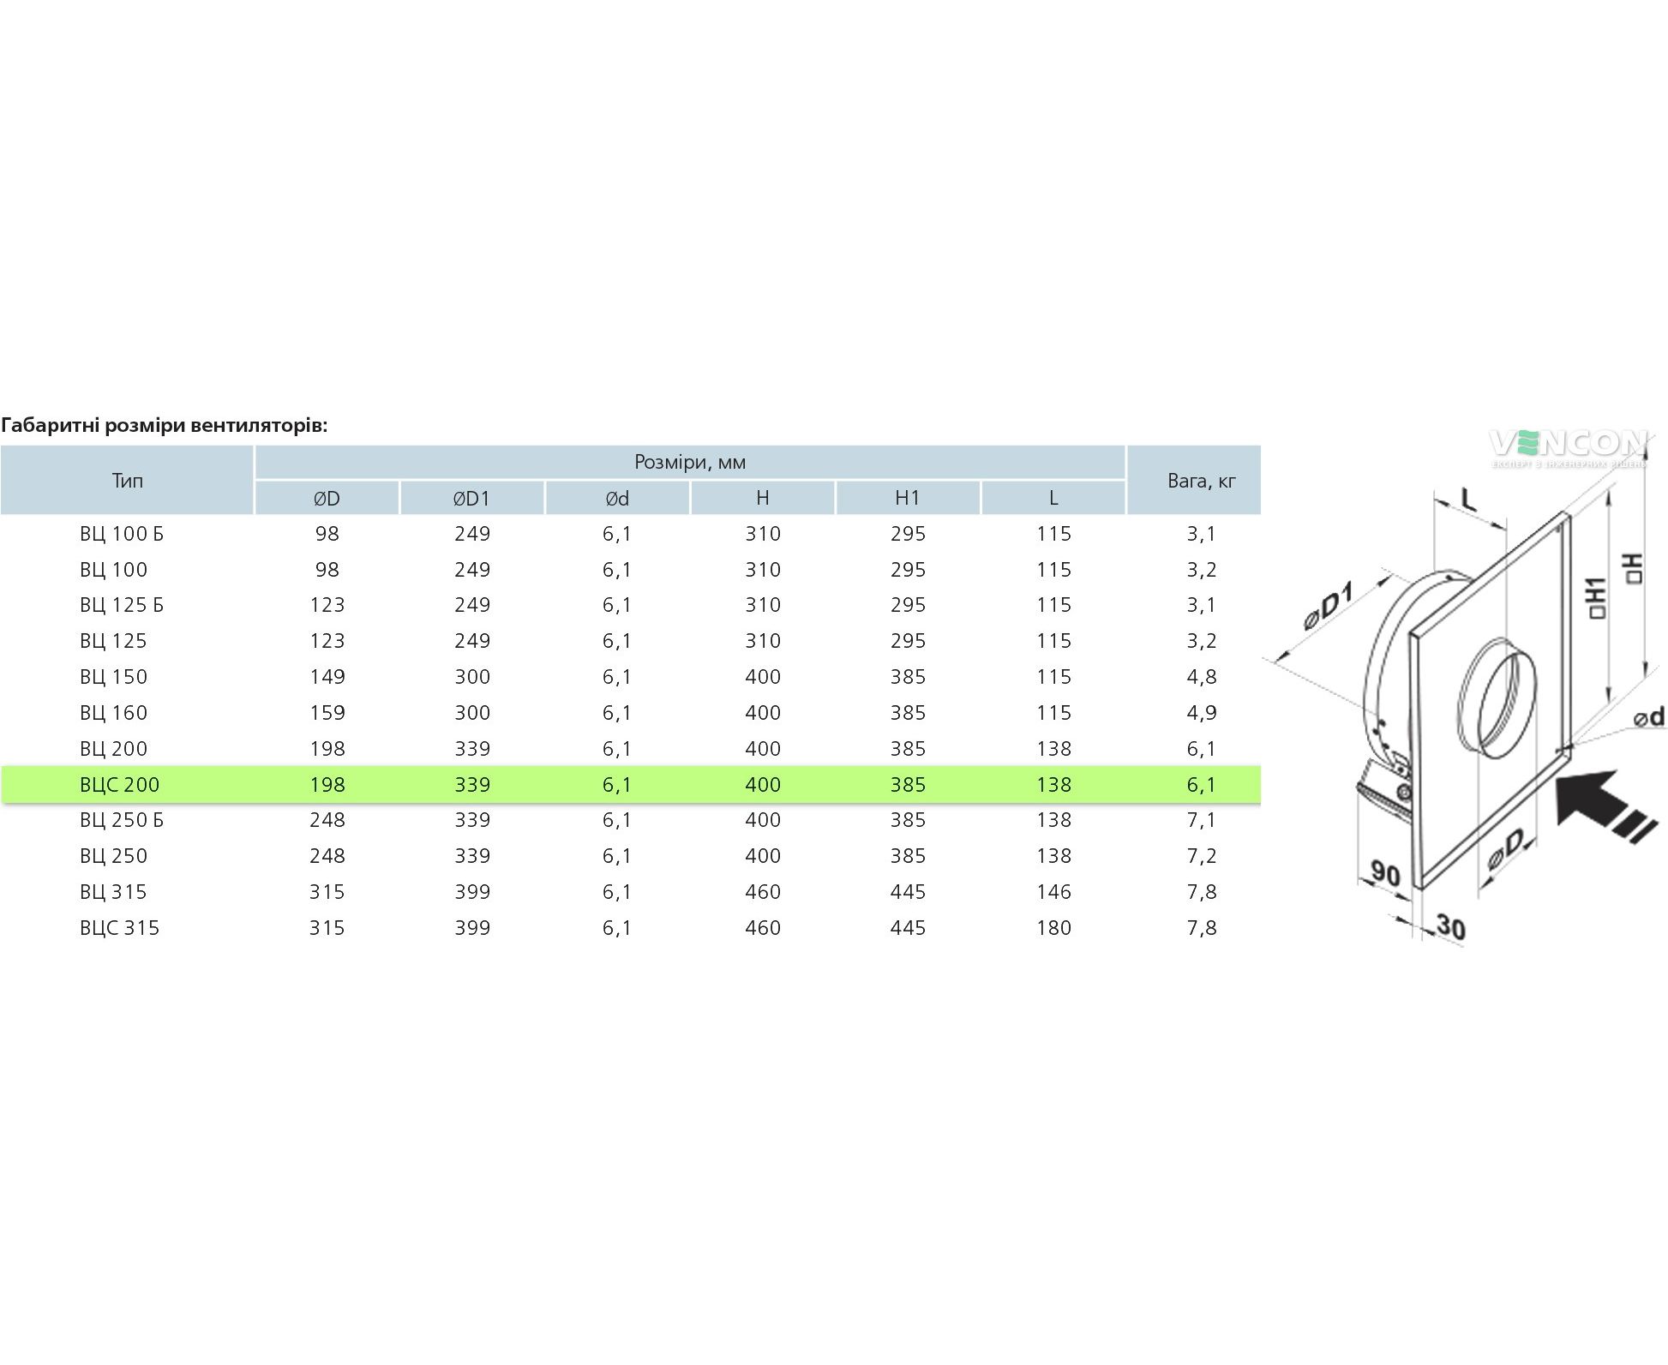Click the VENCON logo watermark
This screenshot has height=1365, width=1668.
1568,447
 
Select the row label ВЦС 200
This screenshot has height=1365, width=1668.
119,784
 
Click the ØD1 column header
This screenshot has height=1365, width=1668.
471,498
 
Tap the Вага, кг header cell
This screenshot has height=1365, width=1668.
1202,481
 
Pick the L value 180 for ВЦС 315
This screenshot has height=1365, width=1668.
1053,927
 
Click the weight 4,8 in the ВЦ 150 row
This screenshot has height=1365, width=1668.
1202,677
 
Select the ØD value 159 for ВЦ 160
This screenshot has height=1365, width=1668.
327,713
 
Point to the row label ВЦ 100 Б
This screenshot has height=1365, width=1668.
121,534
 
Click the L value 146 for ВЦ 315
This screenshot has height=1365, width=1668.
1053,891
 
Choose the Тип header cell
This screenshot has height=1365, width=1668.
127,480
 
